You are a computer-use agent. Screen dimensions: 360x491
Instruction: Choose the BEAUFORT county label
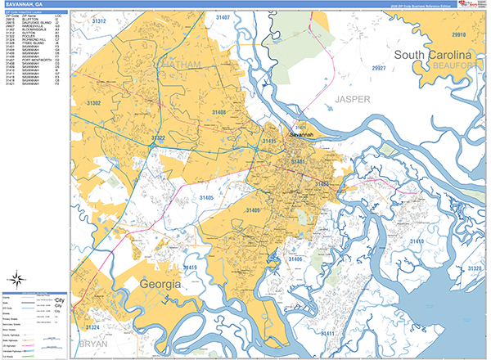[x=455, y=65]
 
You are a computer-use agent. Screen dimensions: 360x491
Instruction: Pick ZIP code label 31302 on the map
[x=94, y=103]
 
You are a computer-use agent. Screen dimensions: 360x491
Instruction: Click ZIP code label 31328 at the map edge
[x=474, y=268]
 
